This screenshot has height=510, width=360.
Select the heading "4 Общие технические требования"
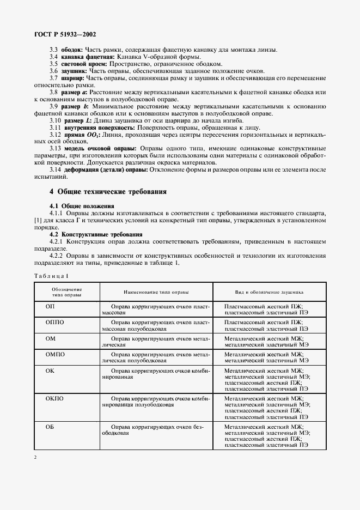point(108,192)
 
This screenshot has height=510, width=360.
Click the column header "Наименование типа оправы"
point(156,292)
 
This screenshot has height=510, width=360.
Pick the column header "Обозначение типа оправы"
point(67,292)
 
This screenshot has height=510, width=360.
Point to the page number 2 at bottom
point(35,457)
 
